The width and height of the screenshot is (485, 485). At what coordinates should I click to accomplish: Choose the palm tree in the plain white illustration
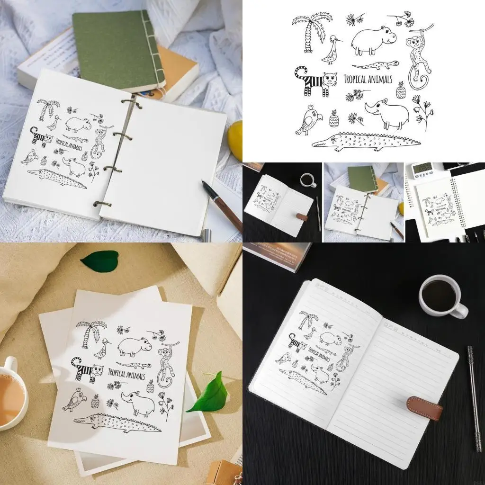(x=309, y=31)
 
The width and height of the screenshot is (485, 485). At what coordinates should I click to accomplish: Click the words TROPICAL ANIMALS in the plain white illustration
(x=368, y=79)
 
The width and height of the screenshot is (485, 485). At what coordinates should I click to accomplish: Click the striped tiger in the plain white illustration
(x=315, y=81)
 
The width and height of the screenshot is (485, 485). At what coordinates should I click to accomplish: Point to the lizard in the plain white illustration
(x=375, y=64)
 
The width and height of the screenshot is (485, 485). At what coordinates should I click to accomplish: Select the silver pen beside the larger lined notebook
(x=473, y=398)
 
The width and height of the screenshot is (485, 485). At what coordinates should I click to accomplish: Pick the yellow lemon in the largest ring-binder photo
(x=235, y=141)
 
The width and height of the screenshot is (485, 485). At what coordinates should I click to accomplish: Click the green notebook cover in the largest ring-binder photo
(x=116, y=50)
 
